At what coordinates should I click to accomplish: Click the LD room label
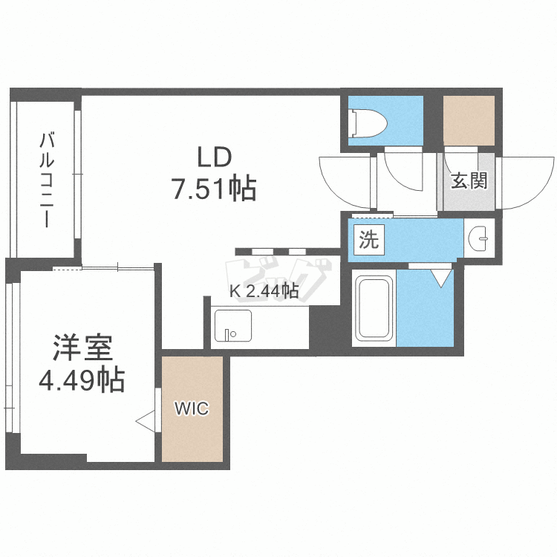(215, 157)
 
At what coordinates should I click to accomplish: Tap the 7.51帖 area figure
(214, 190)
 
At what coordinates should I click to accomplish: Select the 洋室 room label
(82, 348)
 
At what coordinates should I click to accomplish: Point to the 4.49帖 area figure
(82, 381)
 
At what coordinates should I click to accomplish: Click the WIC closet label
(192, 408)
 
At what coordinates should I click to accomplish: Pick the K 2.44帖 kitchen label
(264, 291)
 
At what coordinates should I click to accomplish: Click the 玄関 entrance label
(469, 180)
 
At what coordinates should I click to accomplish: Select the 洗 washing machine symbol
(369, 240)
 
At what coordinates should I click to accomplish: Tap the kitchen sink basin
(232, 325)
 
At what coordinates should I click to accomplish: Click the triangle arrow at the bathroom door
(441, 277)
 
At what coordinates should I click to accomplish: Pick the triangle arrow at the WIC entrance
(145, 421)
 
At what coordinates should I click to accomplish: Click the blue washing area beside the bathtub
(426, 307)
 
